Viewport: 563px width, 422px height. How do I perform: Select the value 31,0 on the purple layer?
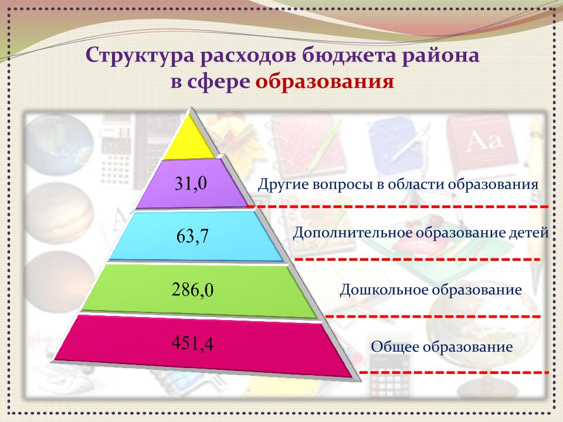tap(191, 183)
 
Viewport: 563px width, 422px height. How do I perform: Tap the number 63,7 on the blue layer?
tap(192, 236)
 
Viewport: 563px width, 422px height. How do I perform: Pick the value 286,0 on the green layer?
tap(192, 290)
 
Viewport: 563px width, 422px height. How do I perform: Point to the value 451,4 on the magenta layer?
tap(192, 343)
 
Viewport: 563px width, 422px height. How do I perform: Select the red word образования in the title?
tap(325, 81)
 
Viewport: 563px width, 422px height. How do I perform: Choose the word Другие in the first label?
tap(283, 185)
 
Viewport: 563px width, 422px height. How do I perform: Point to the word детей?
tap(529, 233)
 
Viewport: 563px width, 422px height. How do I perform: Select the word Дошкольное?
tap(384, 289)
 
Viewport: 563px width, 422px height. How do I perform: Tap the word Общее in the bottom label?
tap(395, 346)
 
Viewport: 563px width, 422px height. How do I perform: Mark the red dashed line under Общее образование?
tap(454, 373)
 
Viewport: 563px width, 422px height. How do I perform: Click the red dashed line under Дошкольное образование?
tap(433, 316)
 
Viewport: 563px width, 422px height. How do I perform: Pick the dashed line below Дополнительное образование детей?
tap(417, 259)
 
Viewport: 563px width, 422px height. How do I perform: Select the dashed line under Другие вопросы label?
tap(398, 207)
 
